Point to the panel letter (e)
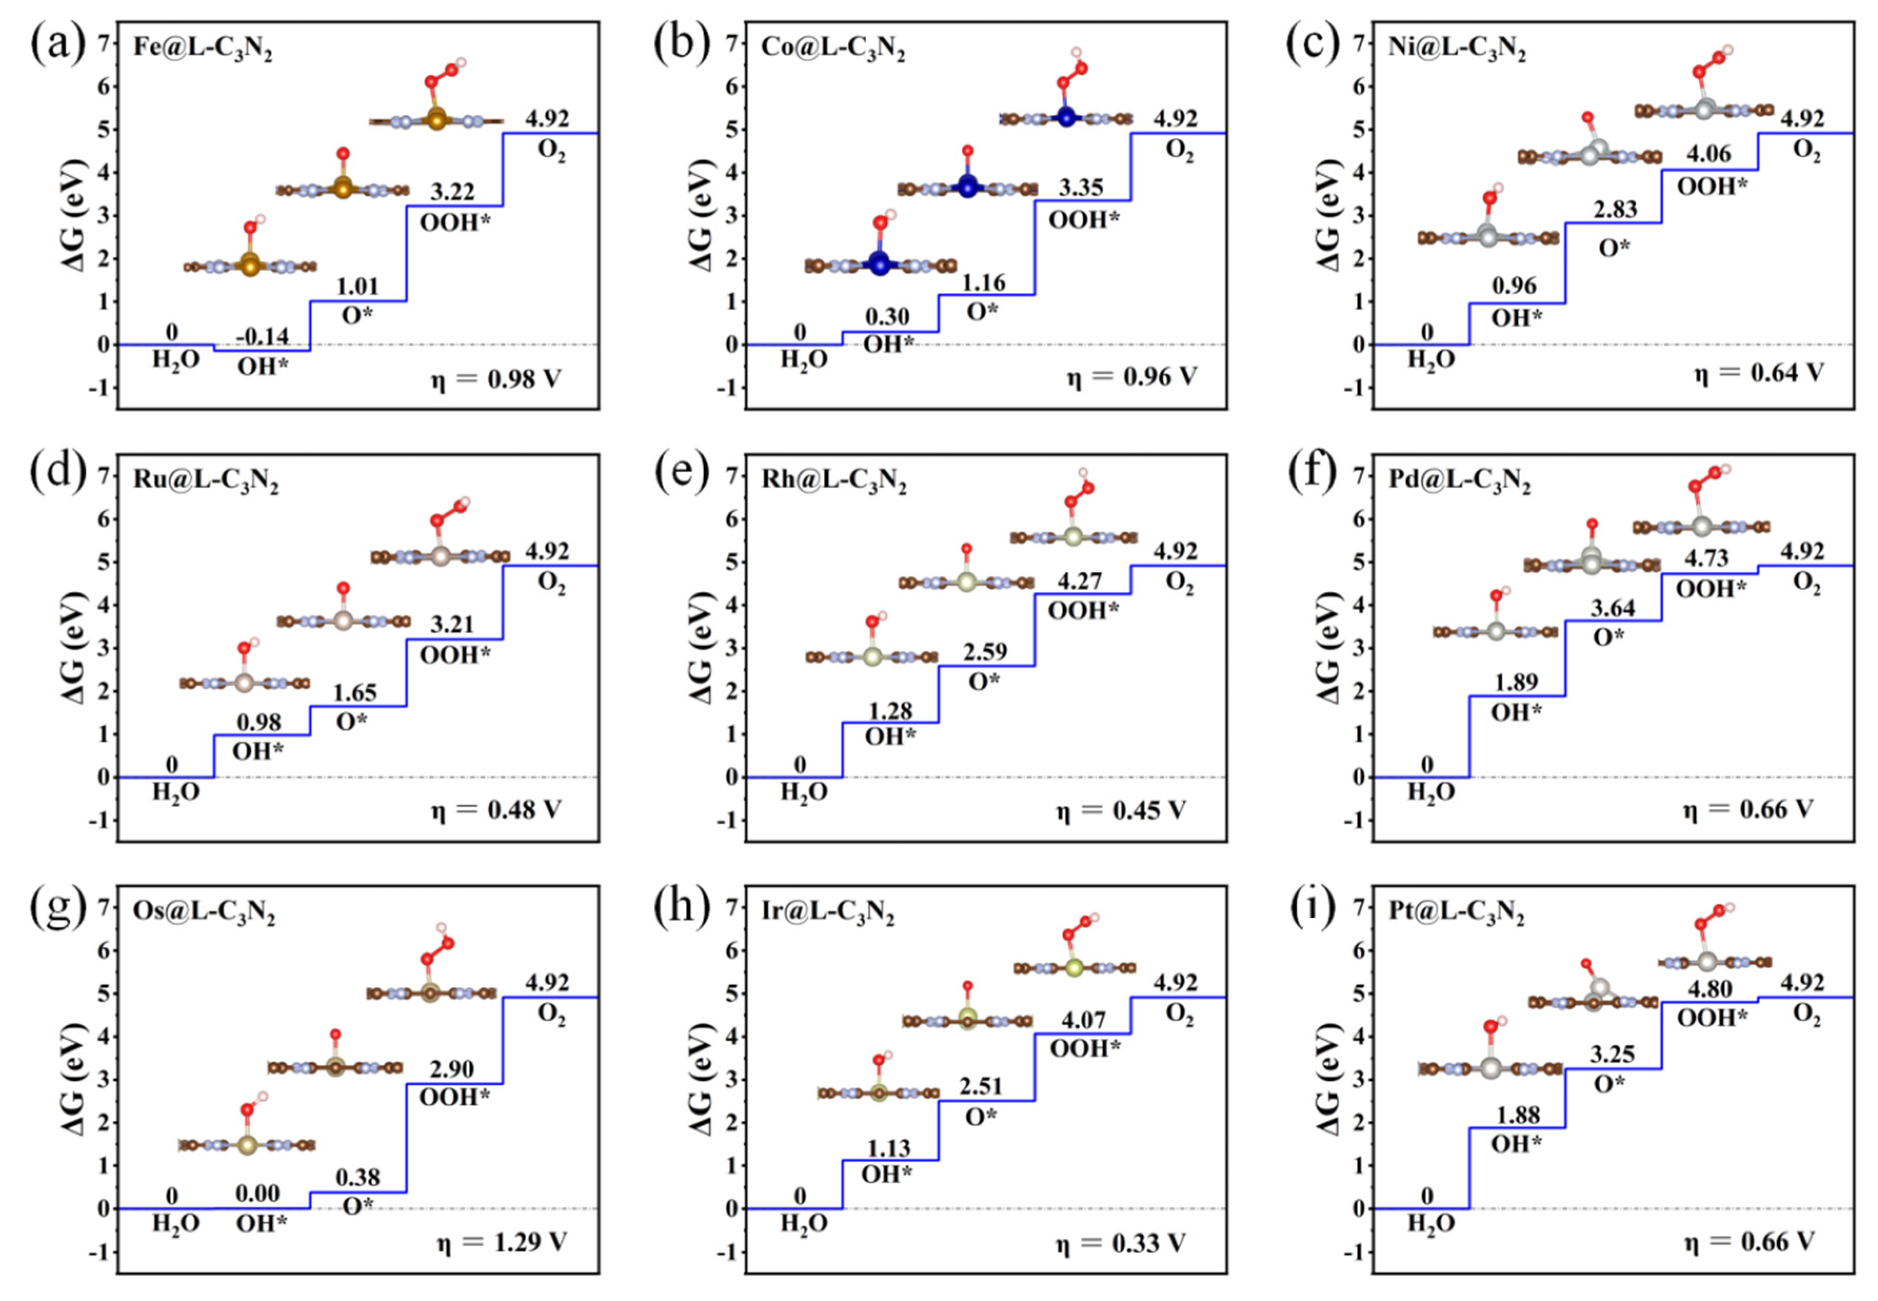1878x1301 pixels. tap(681, 474)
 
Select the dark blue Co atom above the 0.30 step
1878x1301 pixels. tap(879, 263)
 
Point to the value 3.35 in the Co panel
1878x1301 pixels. tap(1081, 187)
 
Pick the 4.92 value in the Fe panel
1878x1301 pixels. tap(547, 118)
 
